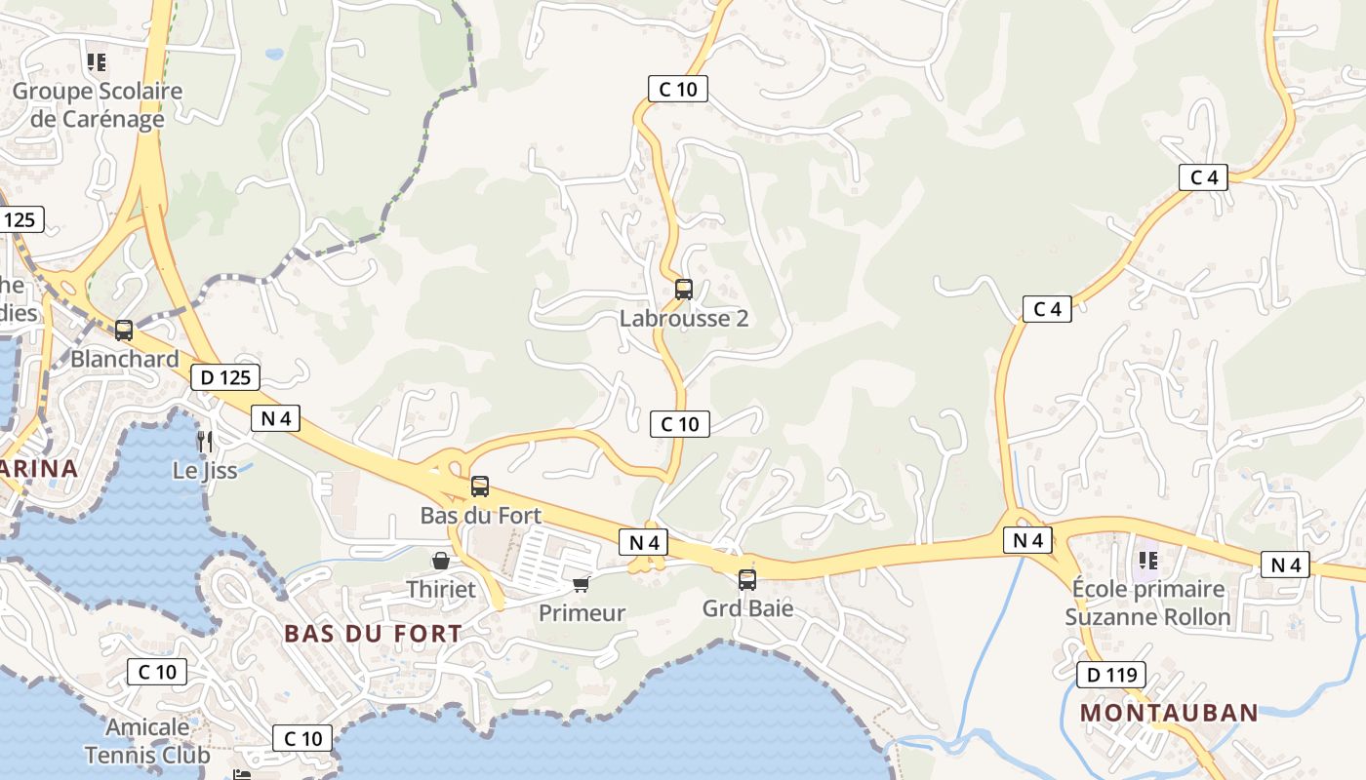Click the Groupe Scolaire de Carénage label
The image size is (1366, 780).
pos(97,105)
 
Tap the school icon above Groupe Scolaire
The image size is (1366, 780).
pos(97,63)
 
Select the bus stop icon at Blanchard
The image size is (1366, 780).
pos(124,331)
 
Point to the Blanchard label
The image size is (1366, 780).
pos(125,359)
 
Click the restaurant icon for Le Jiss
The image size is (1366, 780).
pos(205,442)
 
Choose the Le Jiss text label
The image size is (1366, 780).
pos(205,470)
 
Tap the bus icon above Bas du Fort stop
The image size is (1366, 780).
pos(480,487)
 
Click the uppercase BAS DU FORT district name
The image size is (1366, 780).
pos(373,634)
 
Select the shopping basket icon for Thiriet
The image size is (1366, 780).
pos(441,561)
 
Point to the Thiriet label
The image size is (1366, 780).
pos(441,589)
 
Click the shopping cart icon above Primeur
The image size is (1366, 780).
pos(582,584)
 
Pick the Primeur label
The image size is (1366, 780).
pos(583,613)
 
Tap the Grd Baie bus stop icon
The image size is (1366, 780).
pos(747,580)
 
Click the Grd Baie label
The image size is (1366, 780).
pos(747,608)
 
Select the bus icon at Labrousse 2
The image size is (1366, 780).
pos(684,290)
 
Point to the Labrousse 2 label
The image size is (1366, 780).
pos(684,319)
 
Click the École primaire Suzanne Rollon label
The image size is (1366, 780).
pos(1147,603)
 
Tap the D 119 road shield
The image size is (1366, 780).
pos(1111,675)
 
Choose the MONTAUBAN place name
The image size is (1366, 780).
pos(1169,713)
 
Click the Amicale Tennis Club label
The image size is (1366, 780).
pos(147,741)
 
